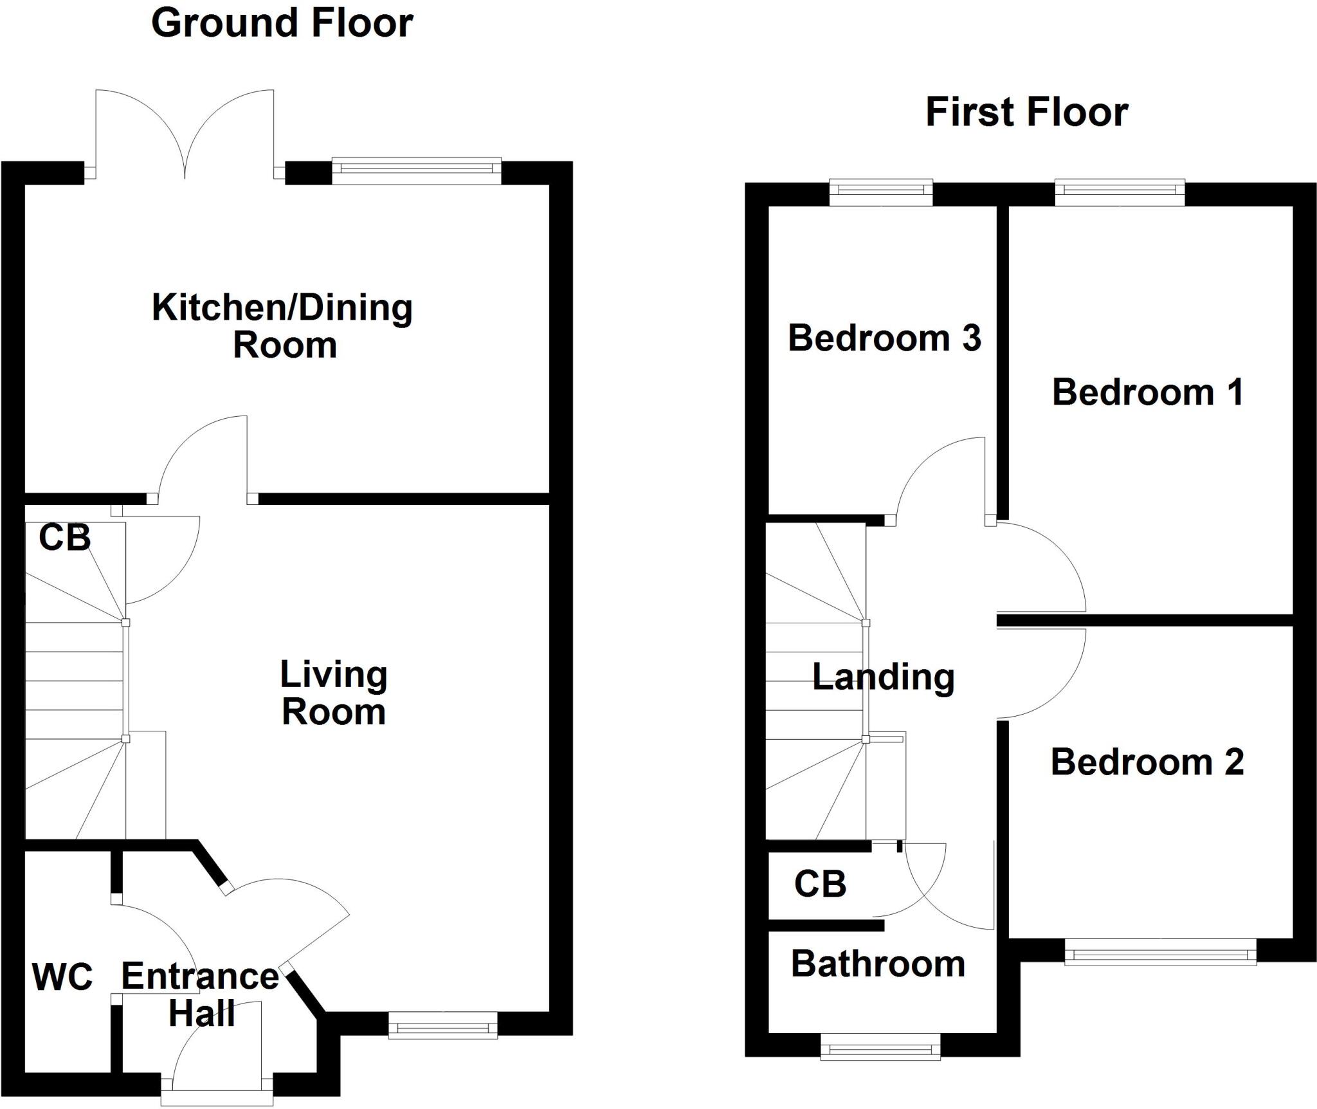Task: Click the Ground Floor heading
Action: (282, 23)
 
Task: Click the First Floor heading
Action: (1026, 112)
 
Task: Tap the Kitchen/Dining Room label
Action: (283, 325)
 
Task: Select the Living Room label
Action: (334, 693)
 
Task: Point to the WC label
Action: (62, 976)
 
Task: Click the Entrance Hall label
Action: (201, 994)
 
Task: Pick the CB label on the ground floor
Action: (64, 537)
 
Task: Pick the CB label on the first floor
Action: (820, 884)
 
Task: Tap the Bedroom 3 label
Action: (884, 338)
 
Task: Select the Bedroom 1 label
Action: (1148, 392)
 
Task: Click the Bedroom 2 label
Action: (1147, 762)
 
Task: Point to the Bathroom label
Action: (878, 964)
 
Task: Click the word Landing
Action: (884, 677)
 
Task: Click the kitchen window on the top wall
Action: (417, 170)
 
